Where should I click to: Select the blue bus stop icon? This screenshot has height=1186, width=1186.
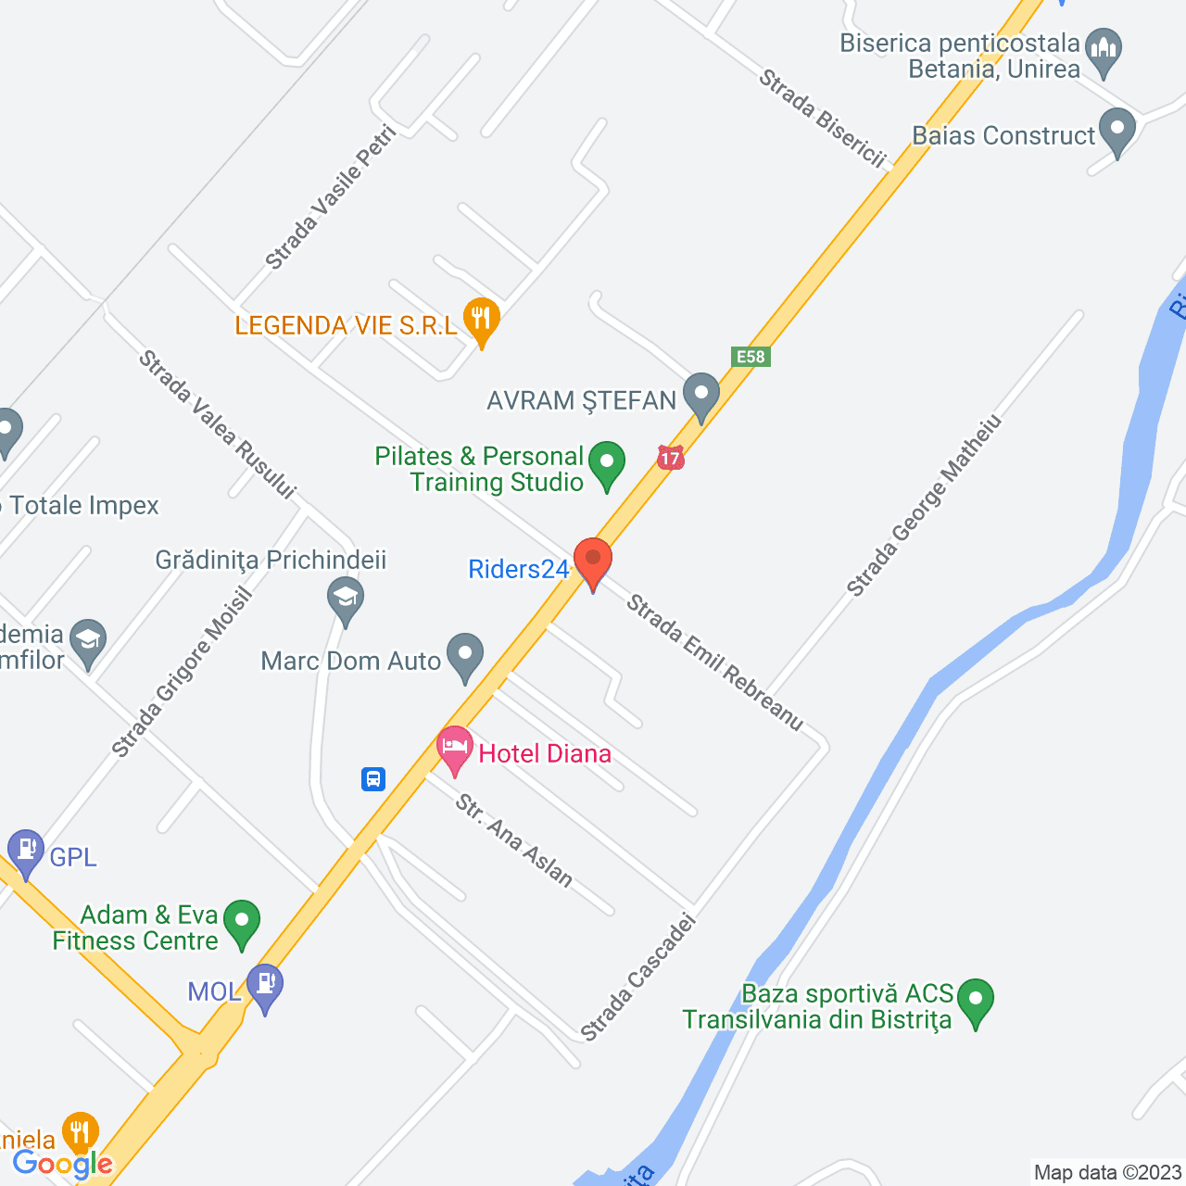coord(373,778)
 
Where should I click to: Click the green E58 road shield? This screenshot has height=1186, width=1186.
coord(751,357)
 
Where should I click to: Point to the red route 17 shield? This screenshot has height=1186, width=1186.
coord(671,458)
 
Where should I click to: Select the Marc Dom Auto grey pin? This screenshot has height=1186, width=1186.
coord(465,655)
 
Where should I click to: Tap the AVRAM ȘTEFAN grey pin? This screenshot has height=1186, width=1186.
coord(701,394)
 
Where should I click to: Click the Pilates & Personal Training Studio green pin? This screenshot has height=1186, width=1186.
coord(607,462)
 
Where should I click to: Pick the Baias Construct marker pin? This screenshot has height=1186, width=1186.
coord(1117,131)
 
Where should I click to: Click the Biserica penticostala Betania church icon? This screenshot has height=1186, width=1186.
coord(1104,50)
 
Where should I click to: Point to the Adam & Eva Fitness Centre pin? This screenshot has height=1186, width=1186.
coord(242,923)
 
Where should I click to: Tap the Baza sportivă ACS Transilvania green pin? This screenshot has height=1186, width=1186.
coord(976,1002)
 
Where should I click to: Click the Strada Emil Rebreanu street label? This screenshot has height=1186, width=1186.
coord(714,662)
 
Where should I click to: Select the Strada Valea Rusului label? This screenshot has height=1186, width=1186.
coord(217,424)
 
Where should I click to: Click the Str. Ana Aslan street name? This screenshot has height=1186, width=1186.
coord(514,840)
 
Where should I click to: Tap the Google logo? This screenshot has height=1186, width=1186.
coord(63,1165)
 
